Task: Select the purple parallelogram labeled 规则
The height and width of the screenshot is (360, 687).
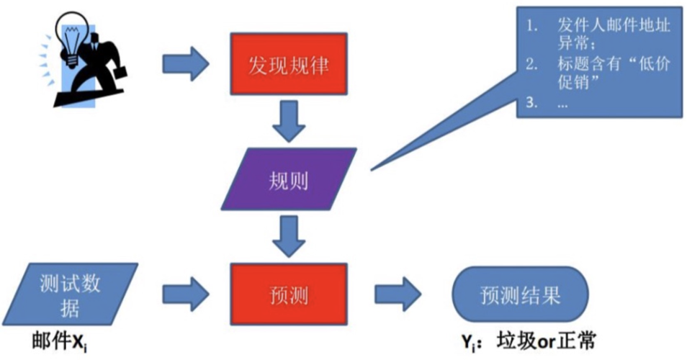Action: click(288, 180)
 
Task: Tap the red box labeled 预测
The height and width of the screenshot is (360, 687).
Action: click(288, 295)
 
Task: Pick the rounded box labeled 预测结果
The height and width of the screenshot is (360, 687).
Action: click(520, 296)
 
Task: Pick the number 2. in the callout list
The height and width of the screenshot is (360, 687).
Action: click(531, 65)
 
